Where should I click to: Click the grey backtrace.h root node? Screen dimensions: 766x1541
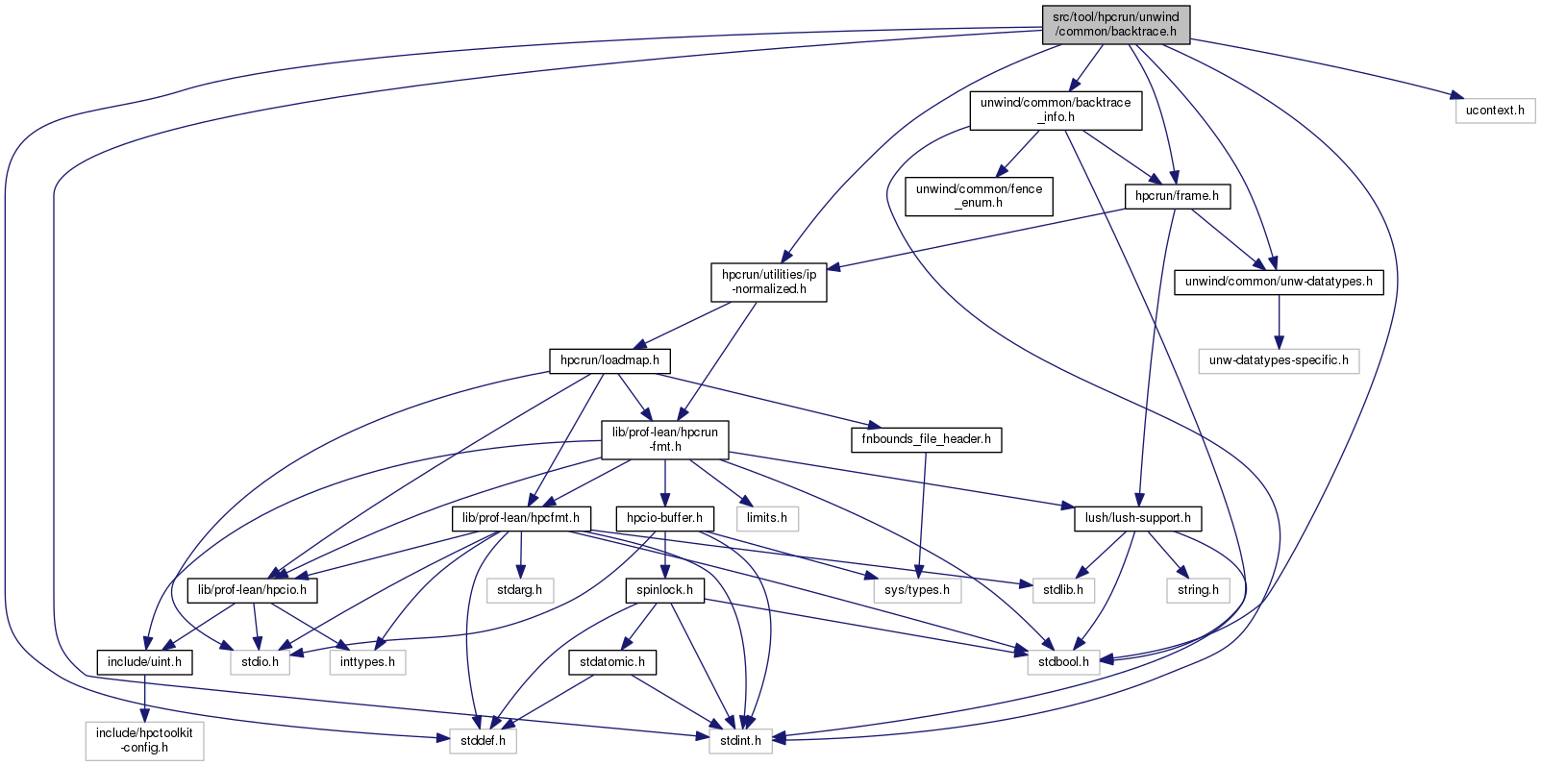(x=1115, y=24)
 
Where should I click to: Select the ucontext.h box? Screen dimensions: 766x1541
(x=1495, y=111)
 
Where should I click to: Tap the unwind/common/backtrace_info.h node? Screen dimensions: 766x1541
(x=1056, y=110)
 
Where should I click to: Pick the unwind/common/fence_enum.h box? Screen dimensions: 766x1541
(x=979, y=196)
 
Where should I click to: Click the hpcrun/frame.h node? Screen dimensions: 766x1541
(x=1177, y=196)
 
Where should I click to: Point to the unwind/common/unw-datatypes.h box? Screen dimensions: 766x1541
(x=1279, y=282)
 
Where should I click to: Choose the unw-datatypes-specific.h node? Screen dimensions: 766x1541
(x=1279, y=360)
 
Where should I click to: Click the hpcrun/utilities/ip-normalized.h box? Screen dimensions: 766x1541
(x=769, y=282)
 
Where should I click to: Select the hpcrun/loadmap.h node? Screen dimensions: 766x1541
(x=609, y=360)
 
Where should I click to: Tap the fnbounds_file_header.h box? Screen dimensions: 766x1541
(x=926, y=439)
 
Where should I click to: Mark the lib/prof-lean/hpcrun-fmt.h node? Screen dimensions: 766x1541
(x=665, y=439)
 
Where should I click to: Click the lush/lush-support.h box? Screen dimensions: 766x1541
(x=1137, y=518)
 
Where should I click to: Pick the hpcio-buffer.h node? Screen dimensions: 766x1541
(x=664, y=518)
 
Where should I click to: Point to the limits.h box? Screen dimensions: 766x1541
(x=767, y=518)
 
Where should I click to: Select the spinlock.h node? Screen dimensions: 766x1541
(x=664, y=590)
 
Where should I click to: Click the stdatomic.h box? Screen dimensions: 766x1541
(x=612, y=662)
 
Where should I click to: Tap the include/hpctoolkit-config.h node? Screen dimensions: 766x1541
(x=144, y=740)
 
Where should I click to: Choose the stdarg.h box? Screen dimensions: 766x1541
(x=520, y=590)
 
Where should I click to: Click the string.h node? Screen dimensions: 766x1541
(x=1198, y=590)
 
